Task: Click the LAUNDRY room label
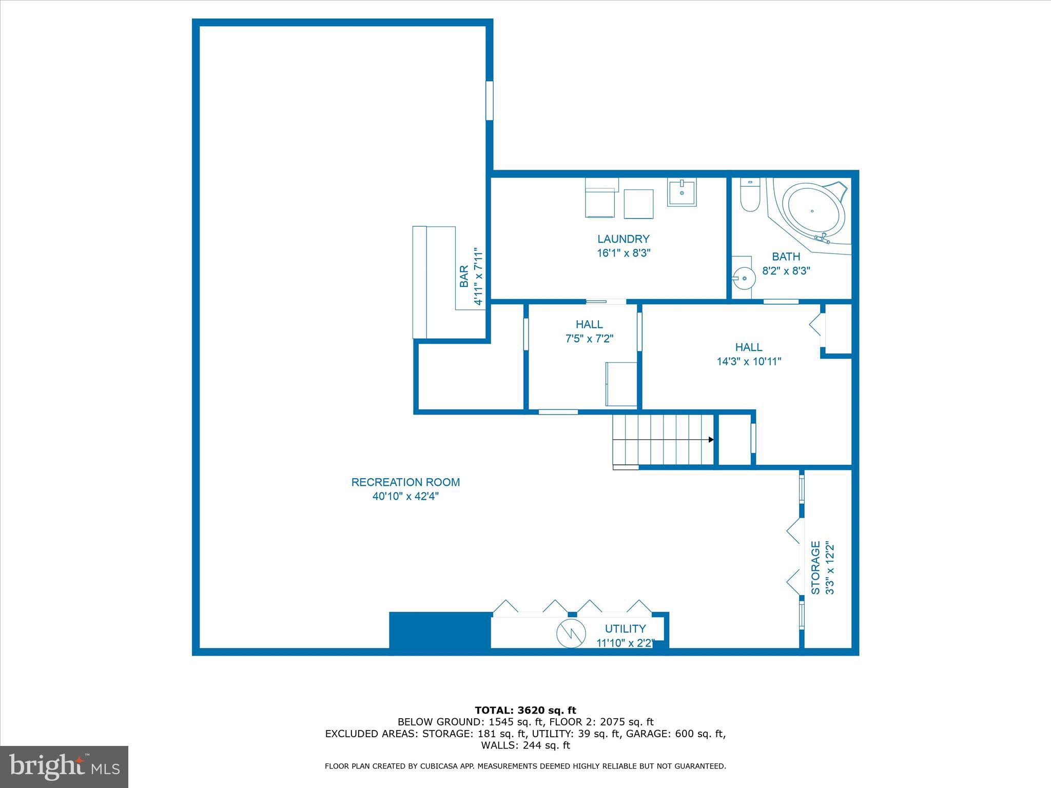click(623, 239)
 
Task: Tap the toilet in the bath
click(750, 197)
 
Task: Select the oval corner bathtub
click(815, 211)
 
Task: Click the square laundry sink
click(682, 193)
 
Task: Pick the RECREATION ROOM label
click(405, 482)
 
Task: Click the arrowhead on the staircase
click(711, 440)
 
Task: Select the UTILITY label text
click(625, 629)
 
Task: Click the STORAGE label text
click(815, 567)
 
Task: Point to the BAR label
click(464, 276)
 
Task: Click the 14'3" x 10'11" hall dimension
click(749, 362)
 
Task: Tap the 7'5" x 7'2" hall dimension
click(589, 339)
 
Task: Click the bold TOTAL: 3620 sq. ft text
click(525, 711)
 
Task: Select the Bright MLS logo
click(64, 767)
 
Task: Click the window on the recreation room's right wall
click(490, 101)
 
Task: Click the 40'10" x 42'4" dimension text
click(405, 497)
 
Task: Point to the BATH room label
click(786, 257)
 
